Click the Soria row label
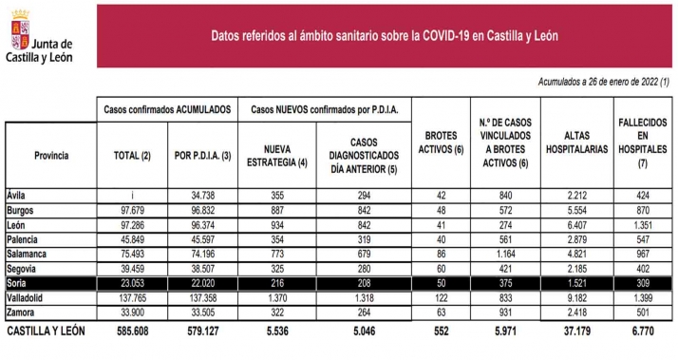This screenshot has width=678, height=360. tap(18, 283)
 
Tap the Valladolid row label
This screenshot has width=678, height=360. tap(27, 298)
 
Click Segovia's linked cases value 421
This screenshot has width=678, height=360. tap(504, 268)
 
